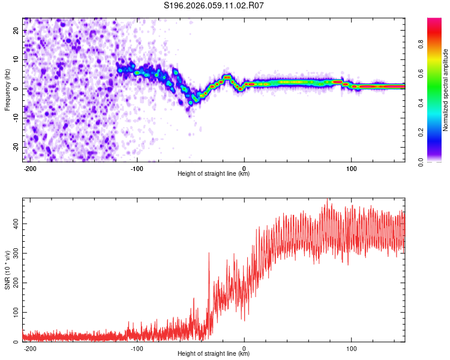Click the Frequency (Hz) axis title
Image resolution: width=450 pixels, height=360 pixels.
tap(7, 90)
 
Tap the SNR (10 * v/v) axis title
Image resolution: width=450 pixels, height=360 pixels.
tap(7, 270)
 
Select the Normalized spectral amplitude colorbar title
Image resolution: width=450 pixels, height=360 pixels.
tap(445, 90)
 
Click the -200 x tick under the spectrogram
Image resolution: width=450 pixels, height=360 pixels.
tap(30, 168)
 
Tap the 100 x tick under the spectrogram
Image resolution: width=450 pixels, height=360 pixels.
tap(351, 168)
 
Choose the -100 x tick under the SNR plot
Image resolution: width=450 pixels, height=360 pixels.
tap(137, 348)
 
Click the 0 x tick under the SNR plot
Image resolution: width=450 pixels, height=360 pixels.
tap(244, 348)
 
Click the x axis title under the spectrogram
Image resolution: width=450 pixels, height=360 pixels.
tap(214, 174)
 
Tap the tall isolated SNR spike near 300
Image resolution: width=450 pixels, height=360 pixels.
tap(209, 254)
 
